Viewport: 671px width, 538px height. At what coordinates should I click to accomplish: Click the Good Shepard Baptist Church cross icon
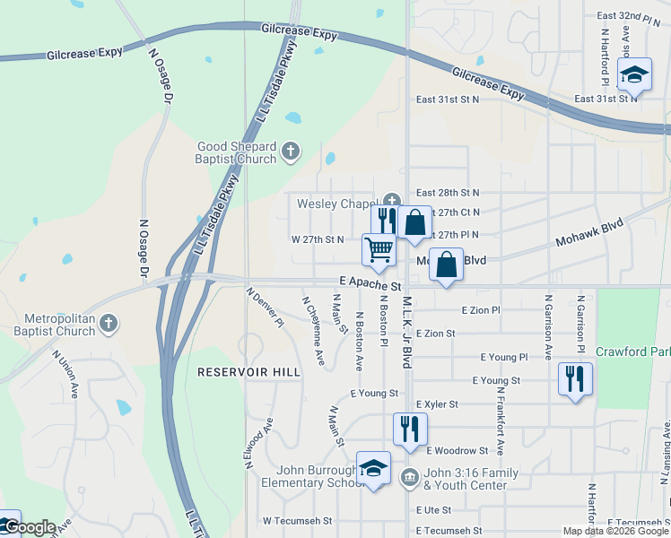click(290, 152)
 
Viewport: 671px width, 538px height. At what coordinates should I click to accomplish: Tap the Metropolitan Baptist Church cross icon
click(109, 323)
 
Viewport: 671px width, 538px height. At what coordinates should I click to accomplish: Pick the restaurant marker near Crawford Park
click(574, 378)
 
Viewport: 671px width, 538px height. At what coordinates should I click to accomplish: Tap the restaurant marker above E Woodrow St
click(410, 429)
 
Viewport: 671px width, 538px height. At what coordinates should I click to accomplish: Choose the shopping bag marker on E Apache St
click(446, 265)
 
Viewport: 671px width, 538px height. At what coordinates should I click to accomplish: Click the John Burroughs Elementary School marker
click(373, 468)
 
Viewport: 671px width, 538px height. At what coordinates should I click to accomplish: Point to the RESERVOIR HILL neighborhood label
click(237, 371)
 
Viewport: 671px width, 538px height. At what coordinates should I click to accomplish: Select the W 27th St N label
click(318, 239)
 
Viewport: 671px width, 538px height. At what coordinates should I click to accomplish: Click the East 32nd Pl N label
click(628, 16)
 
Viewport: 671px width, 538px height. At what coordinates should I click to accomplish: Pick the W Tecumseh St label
click(297, 520)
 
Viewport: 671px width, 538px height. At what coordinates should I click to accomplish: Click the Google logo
click(30, 527)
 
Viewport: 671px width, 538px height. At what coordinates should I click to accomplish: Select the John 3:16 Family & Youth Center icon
click(410, 475)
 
